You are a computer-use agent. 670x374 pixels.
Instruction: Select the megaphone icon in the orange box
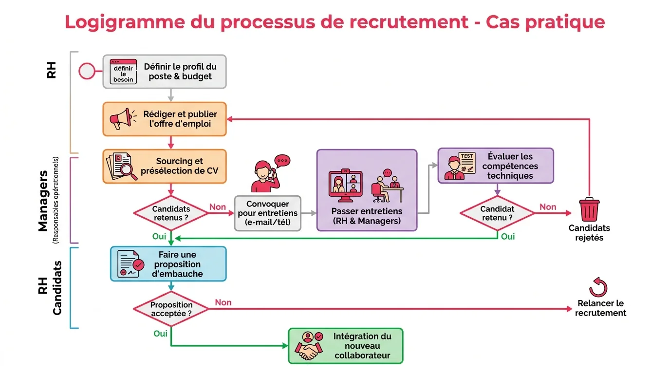click(120, 119)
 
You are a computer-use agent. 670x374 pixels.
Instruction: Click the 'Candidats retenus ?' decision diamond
click(171, 213)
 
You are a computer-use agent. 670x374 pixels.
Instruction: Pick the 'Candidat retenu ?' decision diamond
click(497, 213)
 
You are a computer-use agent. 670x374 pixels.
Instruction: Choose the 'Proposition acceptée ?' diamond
click(171, 309)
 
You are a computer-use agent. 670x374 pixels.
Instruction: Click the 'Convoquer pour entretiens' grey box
click(267, 213)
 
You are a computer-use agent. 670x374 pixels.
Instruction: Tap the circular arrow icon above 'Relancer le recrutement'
click(598, 287)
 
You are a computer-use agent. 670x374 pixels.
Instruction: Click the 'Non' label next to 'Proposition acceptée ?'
click(223, 302)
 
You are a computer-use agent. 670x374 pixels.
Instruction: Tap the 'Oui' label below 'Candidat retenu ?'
click(508, 236)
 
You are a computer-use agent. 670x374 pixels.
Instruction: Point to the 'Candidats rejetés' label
click(589, 233)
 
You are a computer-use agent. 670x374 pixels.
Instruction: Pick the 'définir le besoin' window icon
click(123, 72)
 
